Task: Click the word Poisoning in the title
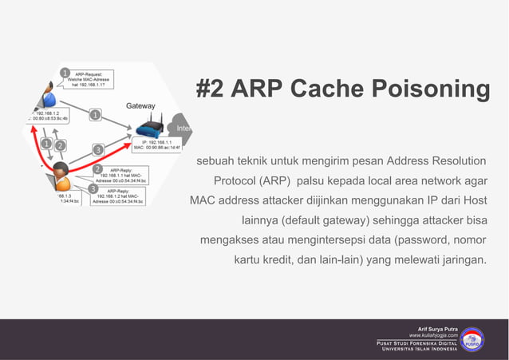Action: [x=427, y=89]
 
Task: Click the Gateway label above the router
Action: [x=140, y=106]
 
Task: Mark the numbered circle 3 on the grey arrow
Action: [x=97, y=149]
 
